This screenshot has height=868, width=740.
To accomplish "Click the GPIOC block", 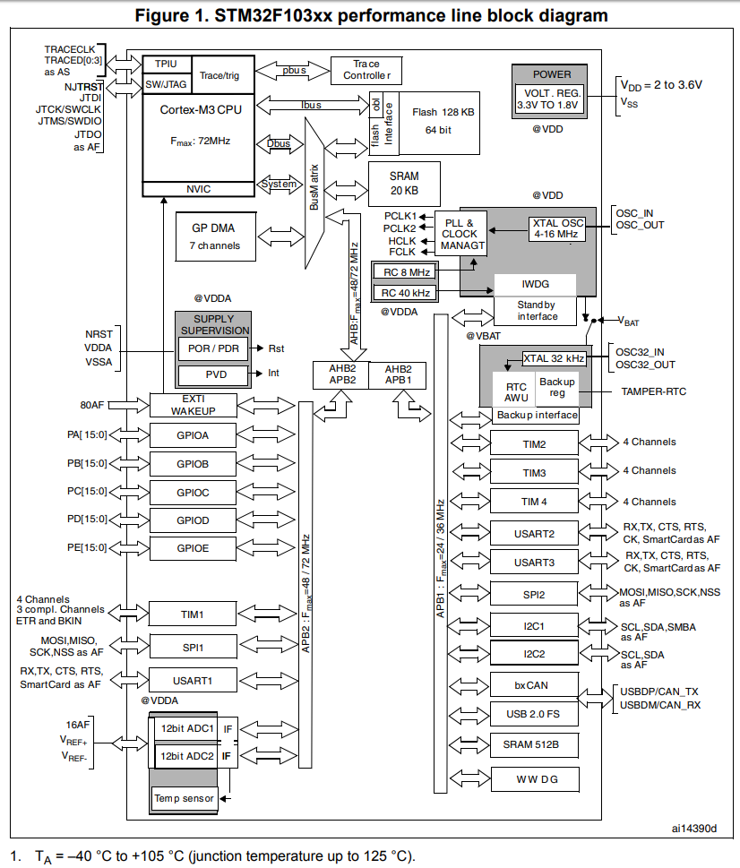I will (x=193, y=492).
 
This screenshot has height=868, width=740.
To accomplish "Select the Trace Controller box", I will (x=366, y=70).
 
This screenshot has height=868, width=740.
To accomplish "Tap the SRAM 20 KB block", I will (x=404, y=184).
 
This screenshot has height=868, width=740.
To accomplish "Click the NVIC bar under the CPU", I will (x=198, y=189).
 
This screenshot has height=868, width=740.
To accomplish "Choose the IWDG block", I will (x=535, y=284).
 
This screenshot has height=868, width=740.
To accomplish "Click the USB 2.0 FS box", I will (x=534, y=714).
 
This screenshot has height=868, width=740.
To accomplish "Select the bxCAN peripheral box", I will (x=534, y=684).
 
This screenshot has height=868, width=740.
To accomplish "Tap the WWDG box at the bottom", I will (x=534, y=778).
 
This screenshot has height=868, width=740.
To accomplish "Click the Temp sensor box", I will (x=185, y=798).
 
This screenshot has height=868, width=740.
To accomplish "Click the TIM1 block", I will (x=193, y=614).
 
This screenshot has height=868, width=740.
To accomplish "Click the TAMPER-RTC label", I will (x=654, y=391).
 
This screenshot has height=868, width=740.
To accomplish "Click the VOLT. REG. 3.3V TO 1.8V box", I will (x=551, y=99).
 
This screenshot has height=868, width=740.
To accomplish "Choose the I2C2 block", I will (x=534, y=655).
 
